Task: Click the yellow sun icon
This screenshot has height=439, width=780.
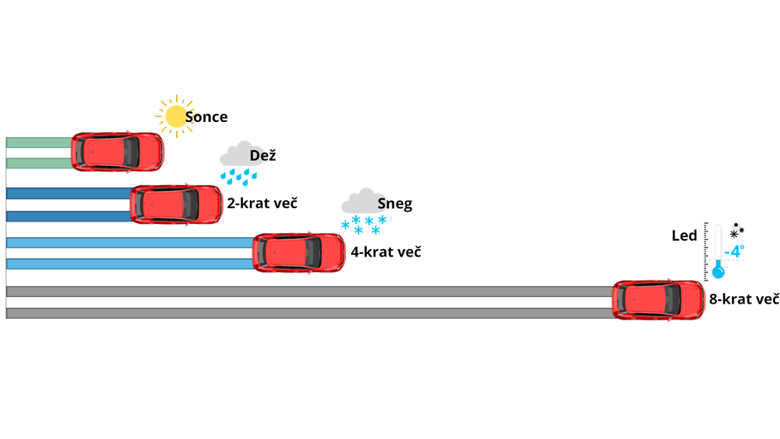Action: pyautogui.click(x=176, y=116)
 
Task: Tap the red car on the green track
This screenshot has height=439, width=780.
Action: pyautogui.click(x=118, y=150)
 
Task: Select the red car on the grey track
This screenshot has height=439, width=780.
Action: pyautogui.click(x=659, y=299)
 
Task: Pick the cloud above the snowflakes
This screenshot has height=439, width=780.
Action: pyautogui.click(x=360, y=202)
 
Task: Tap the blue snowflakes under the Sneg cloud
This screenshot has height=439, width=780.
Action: pyautogui.click(x=363, y=224)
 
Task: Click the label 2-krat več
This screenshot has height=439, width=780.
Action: pyautogui.click(x=261, y=202)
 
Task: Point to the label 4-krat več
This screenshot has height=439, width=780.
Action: pyautogui.click(x=385, y=251)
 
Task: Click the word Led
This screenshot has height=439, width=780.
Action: pyautogui.click(x=686, y=237)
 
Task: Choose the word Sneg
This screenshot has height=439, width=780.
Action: pyautogui.click(x=394, y=203)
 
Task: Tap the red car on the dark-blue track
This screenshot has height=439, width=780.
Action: pyautogui.click(x=177, y=202)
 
